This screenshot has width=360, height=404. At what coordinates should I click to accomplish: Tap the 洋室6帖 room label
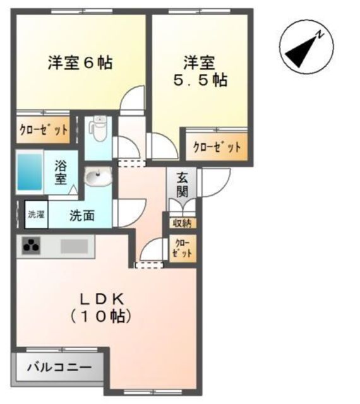coord(80,63)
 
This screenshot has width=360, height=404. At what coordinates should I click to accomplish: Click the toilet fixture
coord(98,129)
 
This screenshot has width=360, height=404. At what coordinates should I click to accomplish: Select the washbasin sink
coord(97,179)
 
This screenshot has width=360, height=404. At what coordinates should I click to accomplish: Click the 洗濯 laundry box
coord(35,214)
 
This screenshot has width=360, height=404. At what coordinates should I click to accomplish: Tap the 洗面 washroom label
coord(81,215)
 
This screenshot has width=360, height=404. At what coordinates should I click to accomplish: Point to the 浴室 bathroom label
coord(61,173)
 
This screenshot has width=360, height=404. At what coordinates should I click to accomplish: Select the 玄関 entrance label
coord(182,184)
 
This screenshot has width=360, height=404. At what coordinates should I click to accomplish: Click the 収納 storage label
coord(182,222)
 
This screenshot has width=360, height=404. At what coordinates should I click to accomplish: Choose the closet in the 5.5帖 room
coord(217,147)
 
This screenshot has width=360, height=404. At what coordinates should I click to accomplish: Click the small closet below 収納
coord(182,248)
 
